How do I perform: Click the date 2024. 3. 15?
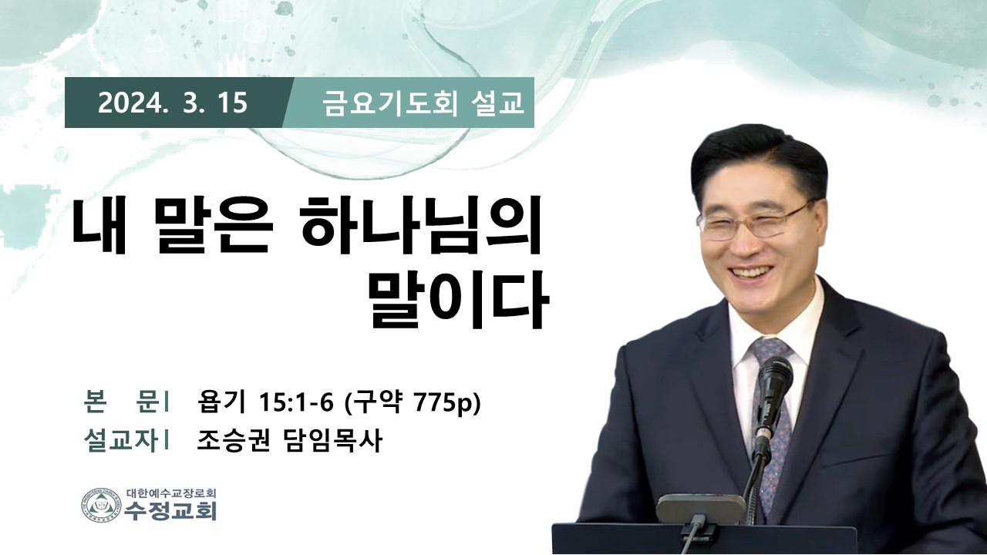172,103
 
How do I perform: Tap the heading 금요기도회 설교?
423,104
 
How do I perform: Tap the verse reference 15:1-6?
296,402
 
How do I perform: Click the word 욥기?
221,402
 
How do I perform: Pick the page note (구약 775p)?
412,402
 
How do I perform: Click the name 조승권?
233,441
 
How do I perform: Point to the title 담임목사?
332,441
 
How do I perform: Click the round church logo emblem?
101,505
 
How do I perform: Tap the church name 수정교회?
170,511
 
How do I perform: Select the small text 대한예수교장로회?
170,493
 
